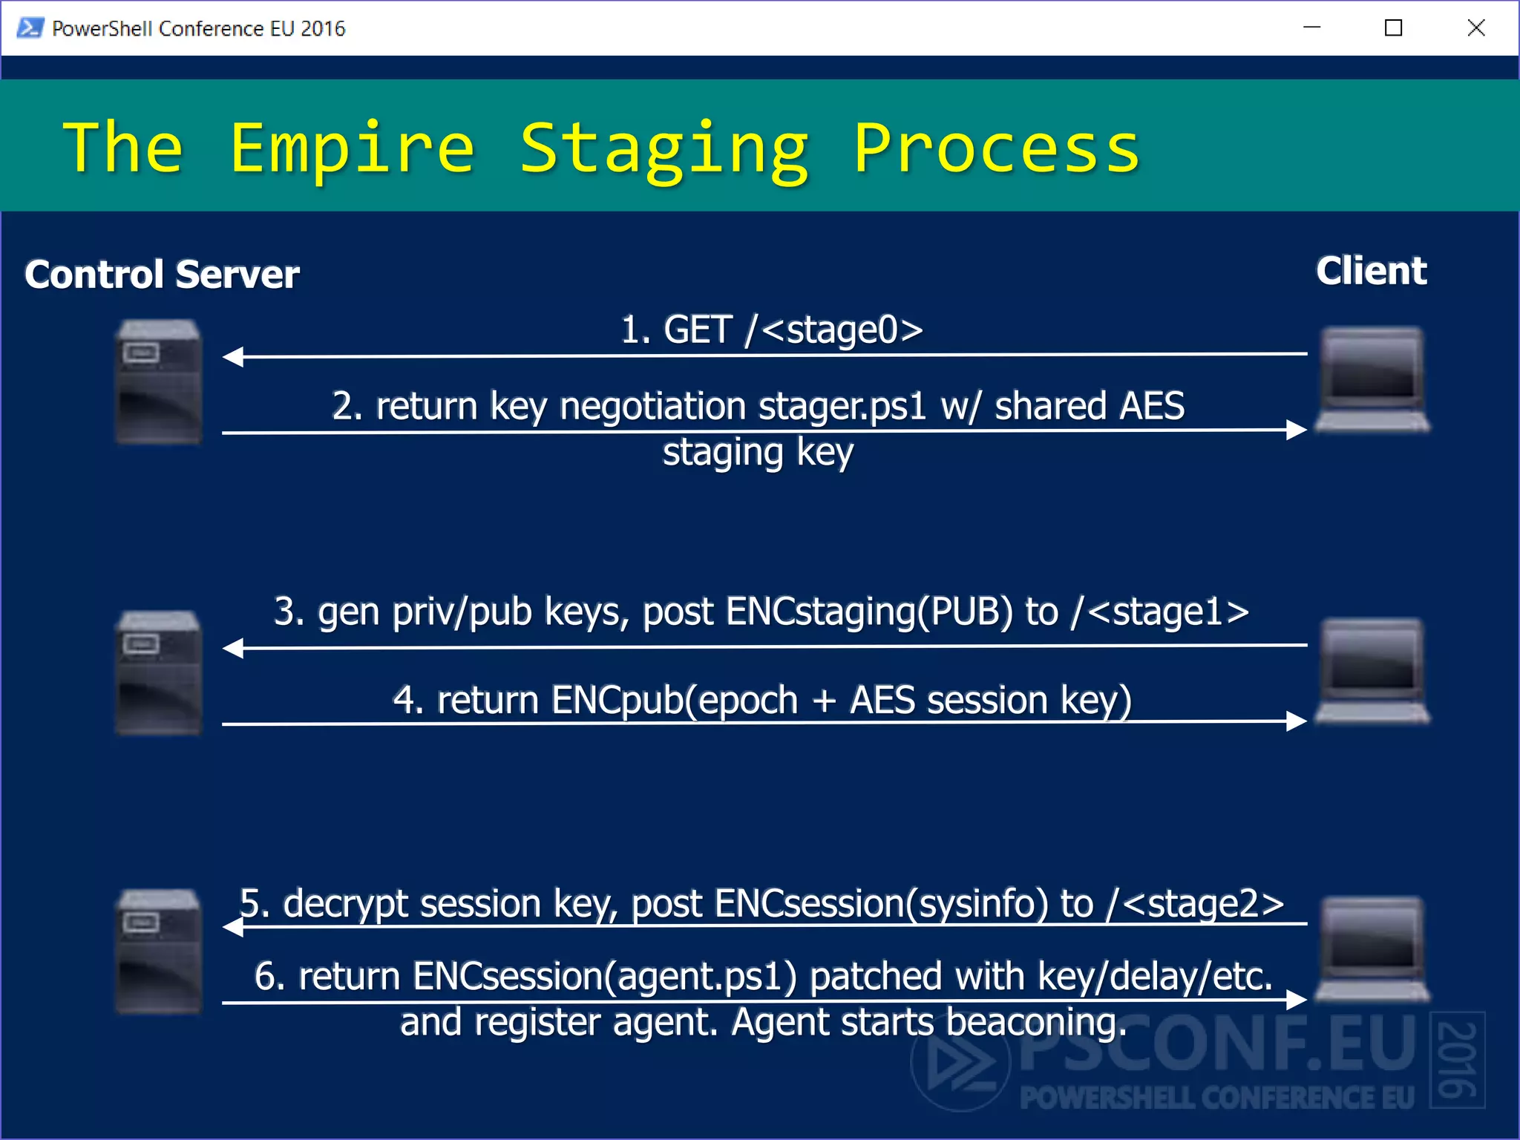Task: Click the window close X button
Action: coord(1476,28)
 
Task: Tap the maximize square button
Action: coord(1393,28)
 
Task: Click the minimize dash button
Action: coord(1311,28)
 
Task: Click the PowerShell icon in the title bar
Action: coord(30,28)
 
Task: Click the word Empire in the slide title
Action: coord(352,148)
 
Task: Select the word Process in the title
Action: coord(996,148)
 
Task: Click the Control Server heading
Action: coord(162,275)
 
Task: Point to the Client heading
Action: coord(1371,271)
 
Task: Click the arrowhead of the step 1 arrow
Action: coord(233,357)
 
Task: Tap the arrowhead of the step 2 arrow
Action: coord(1296,430)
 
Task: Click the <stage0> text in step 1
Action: coord(842,330)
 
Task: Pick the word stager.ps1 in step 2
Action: coord(842,407)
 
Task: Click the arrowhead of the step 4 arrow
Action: coord(1296,721)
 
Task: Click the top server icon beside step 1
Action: coord(159,381)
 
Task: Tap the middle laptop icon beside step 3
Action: coord(1372,671)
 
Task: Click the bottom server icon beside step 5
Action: coord(159,951)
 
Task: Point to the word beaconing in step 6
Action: coord(1035,1023)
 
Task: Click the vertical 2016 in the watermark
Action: coord(1457,1060)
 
